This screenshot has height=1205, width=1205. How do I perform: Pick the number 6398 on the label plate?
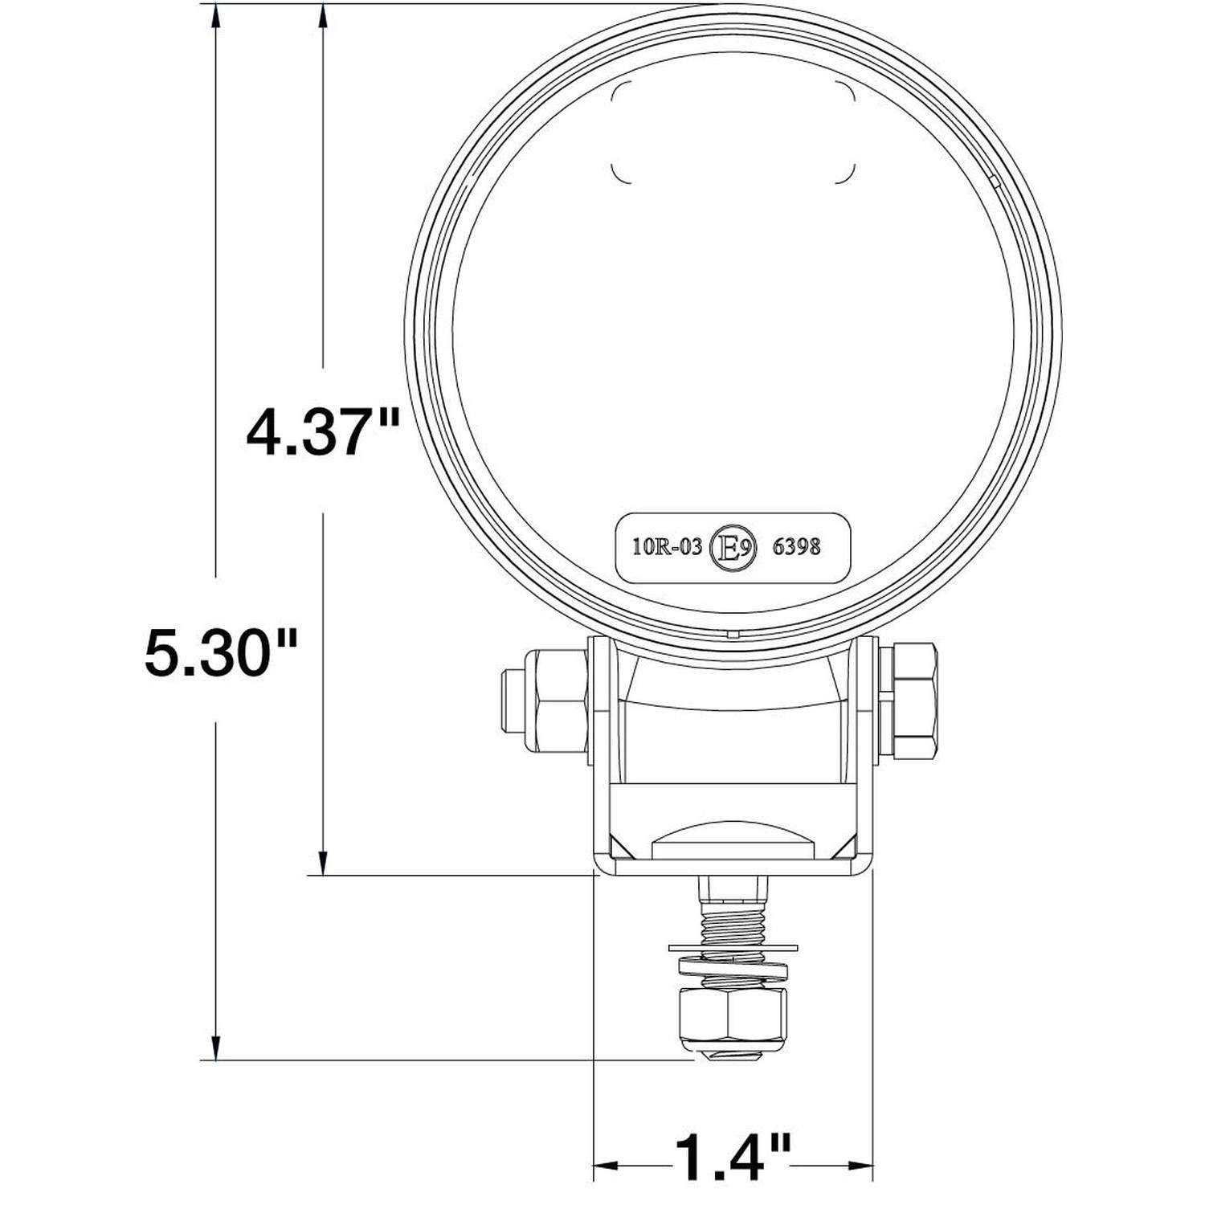coord(795,547)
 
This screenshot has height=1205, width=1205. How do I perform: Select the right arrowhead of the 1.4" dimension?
coord(862,1163)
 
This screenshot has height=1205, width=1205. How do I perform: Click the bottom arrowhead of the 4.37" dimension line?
coord(323,863)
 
